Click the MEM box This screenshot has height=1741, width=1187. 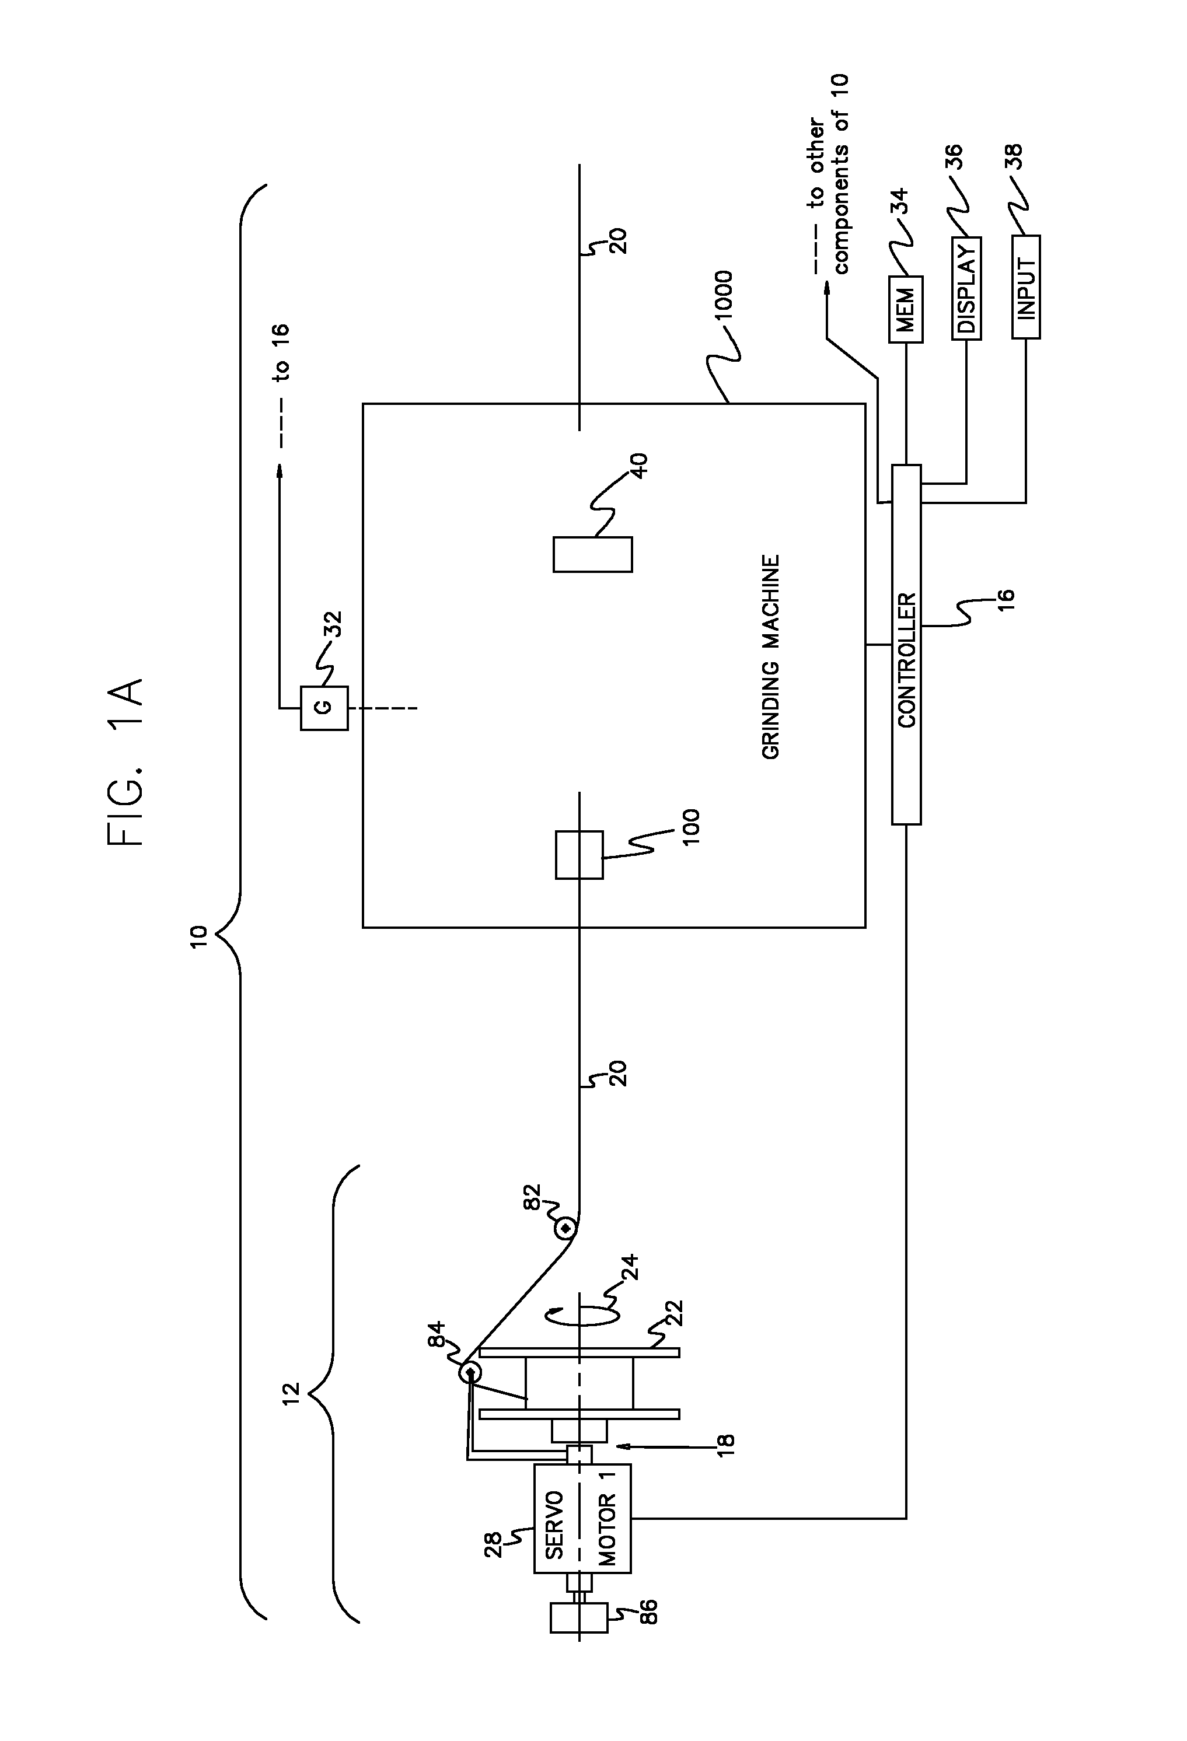pos(905,309)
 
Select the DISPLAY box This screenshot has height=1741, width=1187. pos(966,288)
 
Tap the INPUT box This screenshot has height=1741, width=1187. pos(1026,287)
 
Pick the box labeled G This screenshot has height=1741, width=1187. pos(324,708)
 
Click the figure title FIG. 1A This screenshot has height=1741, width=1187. pos(125,763)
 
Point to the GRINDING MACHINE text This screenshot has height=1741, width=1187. pos(771,657)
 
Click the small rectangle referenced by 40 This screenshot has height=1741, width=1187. pos(592,554)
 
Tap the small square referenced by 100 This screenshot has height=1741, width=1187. pos(578,855)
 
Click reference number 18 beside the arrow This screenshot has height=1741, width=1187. pos(725,1445)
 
